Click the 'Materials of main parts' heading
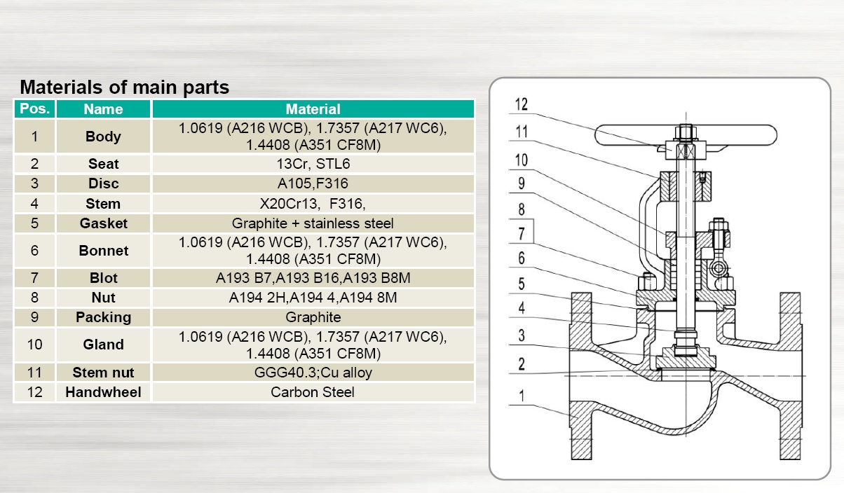pyautogui.click(x=124, y=88)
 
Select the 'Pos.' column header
pyautogui.click(x=34, y=109)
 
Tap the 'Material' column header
pyautogui.click(x=313, y=109)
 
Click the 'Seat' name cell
pyautogui.click(x=103, y=164)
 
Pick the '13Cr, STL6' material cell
pyautogui.click(x=313, y=164)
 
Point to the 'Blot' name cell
pyautogui.click(x=103, y=278)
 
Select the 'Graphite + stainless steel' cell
pyautogui.click(x=313, y=223)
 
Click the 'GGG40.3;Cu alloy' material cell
pyautogui.click(x=313, y=372)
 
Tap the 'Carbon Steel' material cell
pyautogui.click(x=313, y=392)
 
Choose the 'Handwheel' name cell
pyautogui.click(x=103, y=392)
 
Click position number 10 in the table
pyautogui.click(x=34, y=345)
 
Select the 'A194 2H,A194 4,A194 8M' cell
pyautogui.click(x=313, y=298)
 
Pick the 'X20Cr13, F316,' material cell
pyautogui.click(x=313, y=204)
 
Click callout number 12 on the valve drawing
pyautogui.click(x=522, y=104)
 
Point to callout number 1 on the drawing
pyautogui.click(x=522, y=396)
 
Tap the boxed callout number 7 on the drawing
pyautogui.click(x=522, y=233)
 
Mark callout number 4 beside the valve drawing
pyautogui.click(x=522, y=308)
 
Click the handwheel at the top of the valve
pyautogui.click(x=686, y=134)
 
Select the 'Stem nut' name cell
pyautogui.click(x=103, y=372)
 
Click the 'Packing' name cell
pyautogui.click(x=103, y=317)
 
